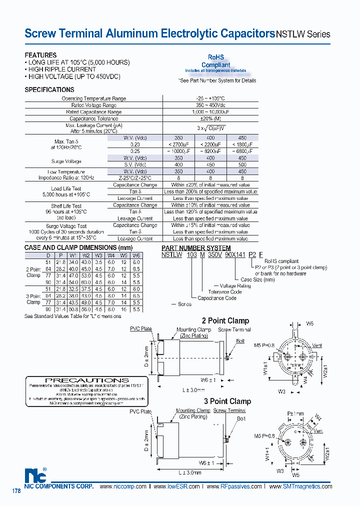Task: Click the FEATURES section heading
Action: click(40, 55)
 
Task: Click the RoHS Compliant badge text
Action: click(216, 61)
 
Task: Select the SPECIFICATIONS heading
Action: click(49, 90)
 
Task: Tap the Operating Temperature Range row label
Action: click(94, 98)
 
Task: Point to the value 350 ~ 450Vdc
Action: click(211, 105)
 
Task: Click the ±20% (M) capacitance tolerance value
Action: click(211, 118)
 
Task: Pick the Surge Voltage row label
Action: click(66, 161)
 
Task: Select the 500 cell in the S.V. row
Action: click(242, 164)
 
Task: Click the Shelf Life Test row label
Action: click(66, 206)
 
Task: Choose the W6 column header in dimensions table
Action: click(136, 255)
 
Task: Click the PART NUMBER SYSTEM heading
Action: click(196, 248)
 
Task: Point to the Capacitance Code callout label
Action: click(217, 298)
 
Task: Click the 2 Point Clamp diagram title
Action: click(225, 320)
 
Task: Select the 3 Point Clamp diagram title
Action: click(227, 401)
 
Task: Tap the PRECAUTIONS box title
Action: click(87, 380)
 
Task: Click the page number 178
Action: click(16, 491)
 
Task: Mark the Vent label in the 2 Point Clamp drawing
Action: click(317, 345)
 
